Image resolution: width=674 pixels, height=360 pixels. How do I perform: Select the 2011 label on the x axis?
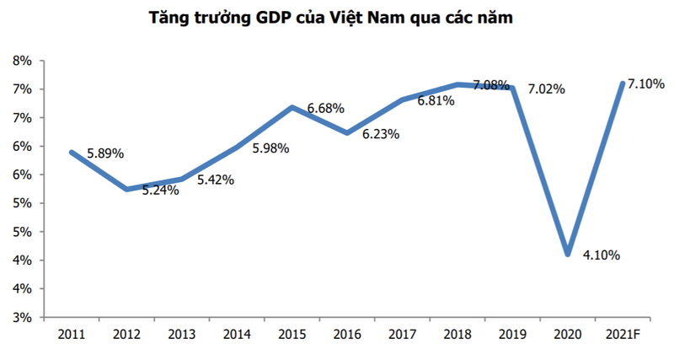tap(72, 335)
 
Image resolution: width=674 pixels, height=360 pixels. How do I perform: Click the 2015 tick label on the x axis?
tap(292, 335)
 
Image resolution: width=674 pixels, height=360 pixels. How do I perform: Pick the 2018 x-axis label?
tap(457, 335)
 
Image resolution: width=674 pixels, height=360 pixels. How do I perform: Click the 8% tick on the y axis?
tap(21, 61)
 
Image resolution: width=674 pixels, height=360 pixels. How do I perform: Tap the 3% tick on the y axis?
tap(21, 318)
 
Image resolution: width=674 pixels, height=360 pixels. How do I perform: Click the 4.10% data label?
tap(600, 255)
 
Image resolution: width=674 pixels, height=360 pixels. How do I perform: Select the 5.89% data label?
tap(105, 153)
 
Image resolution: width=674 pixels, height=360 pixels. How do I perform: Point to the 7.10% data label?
tap(646, 83)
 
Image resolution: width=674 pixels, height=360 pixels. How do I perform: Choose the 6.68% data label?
tap(327, 108)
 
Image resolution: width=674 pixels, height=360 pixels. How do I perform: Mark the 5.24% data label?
tap(160, 191)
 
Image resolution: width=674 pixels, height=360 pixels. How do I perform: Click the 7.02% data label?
tap(546, 89)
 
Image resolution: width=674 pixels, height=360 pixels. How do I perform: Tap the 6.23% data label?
tap(381, 133)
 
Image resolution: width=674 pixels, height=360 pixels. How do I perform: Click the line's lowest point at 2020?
tap(567, 254)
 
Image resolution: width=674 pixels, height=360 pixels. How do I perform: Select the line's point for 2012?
tap(126, 189)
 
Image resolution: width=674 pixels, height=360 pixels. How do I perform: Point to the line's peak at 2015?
tap(292, 107)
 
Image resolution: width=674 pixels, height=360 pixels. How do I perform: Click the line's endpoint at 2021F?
tap(622, 83)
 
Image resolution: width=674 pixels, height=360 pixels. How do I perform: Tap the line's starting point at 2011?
tap(72, 152)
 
